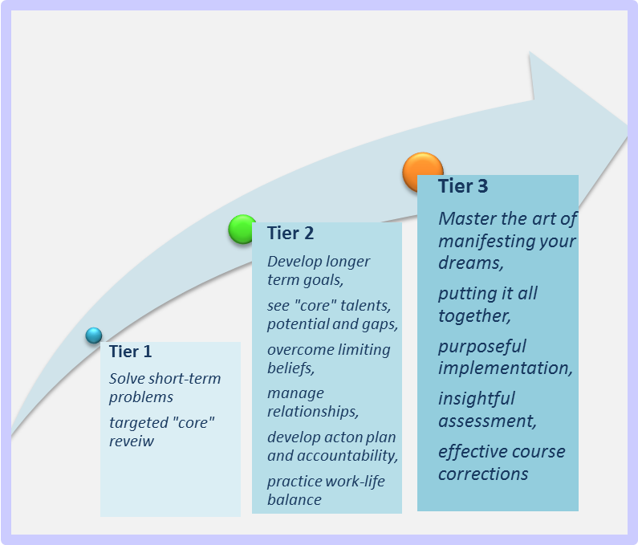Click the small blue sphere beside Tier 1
click(94, 336)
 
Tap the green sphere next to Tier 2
click(242, 229)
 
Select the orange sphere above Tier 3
click(422, 171)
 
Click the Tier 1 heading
click(130, 352)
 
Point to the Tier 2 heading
click(291, 234)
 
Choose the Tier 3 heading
click(463, 186)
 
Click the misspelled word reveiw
click(132, 441)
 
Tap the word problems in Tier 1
click(141, 397)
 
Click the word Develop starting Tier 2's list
click(289, 262)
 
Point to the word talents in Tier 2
click(366, 305)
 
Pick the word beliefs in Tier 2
click(291, 368)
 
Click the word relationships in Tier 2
click(313, 412)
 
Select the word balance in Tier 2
click(295, 499)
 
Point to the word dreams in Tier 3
click(471, 263)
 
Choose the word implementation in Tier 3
click(506, 368)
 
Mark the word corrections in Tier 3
click(483, 474)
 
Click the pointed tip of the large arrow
click(627, 126)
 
